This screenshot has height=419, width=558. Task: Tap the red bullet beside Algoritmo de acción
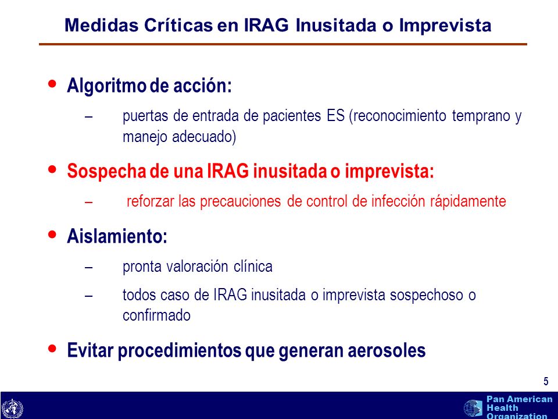tap(52, 84)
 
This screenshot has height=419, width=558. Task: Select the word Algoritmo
tap(106, 86)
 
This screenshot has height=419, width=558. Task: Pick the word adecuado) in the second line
tap(204, 137)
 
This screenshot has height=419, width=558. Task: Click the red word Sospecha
tap(106, 171)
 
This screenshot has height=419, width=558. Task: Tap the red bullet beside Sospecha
tap(52, 169)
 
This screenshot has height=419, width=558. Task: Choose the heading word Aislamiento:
tap(117, 236)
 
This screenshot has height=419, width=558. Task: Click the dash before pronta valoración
tap(89, 267)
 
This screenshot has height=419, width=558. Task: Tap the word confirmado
tap(156, 315)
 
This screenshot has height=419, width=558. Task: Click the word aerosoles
tap(387, 350)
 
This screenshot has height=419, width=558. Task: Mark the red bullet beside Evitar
tap(52, 348)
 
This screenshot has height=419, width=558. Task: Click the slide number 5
tap(546, 381)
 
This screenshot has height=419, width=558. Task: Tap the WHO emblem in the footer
tap(12, 409)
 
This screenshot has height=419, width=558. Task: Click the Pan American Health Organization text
tap(519, 407)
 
